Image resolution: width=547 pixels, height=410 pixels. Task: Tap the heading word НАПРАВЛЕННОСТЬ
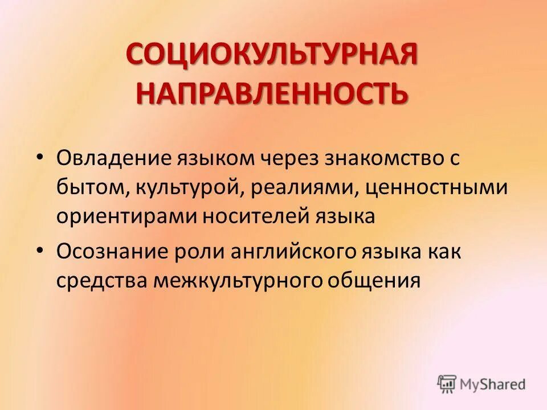pyautogui.click(x=272, y=92)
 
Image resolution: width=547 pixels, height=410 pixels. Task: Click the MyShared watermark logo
pyautogui.click(x=481, y=384)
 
